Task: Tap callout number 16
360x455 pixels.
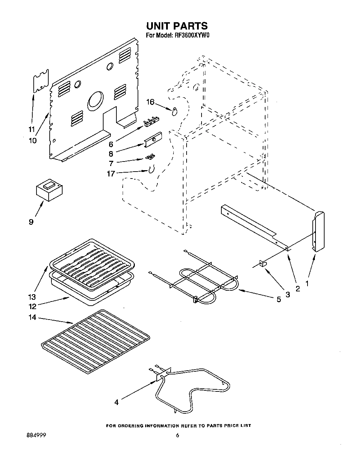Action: (150, 102)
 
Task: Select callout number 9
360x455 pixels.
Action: (31, 222)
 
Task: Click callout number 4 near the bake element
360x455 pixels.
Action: (116, 402)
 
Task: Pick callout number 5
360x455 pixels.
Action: (279, 299)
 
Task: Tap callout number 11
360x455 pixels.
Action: (32, 130)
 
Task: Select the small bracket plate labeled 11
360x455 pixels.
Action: (41, 81)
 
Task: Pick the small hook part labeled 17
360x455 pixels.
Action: (151, 170)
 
